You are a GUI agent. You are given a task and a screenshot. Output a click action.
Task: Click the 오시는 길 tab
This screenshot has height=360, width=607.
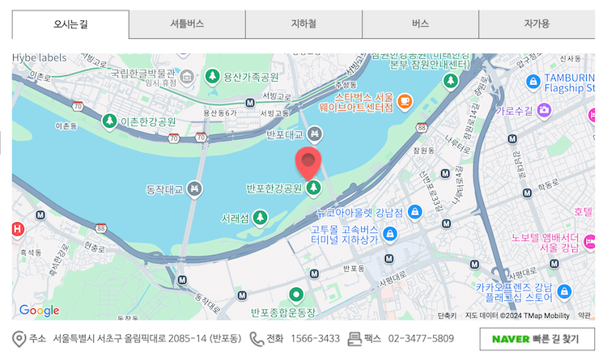pos(70,24)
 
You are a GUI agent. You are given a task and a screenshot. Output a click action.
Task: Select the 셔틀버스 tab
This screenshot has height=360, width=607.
pos(187,24)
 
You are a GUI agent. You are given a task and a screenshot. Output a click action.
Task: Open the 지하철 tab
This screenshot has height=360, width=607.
pos(303,24)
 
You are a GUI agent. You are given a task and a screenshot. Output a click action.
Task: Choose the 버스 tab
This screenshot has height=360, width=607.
pos(420,24)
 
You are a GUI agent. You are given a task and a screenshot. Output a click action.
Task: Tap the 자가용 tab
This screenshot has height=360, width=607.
pos(537,24)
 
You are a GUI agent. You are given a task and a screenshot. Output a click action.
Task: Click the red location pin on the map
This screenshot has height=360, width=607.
pos(308,163)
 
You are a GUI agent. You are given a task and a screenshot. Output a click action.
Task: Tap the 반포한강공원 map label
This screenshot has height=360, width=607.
pos(274,189)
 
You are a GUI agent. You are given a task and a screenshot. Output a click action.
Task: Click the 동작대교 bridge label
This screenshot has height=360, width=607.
pos(165,190)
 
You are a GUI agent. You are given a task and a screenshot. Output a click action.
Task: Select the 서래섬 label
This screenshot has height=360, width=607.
pos(236,218)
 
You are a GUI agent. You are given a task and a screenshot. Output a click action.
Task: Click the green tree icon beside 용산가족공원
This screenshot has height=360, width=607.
pos(212,77)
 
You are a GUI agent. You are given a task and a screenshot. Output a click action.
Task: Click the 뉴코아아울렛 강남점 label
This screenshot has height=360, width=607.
pos(359,213)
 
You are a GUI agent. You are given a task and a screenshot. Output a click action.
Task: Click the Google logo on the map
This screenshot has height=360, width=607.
pos(39,311)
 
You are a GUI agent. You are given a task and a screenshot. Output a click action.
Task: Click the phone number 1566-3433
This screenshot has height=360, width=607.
pos(315,338)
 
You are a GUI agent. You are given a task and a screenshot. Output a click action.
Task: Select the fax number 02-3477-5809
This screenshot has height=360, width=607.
pos(421,338)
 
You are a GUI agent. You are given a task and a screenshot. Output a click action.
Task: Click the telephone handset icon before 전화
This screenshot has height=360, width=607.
pos(257,338)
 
